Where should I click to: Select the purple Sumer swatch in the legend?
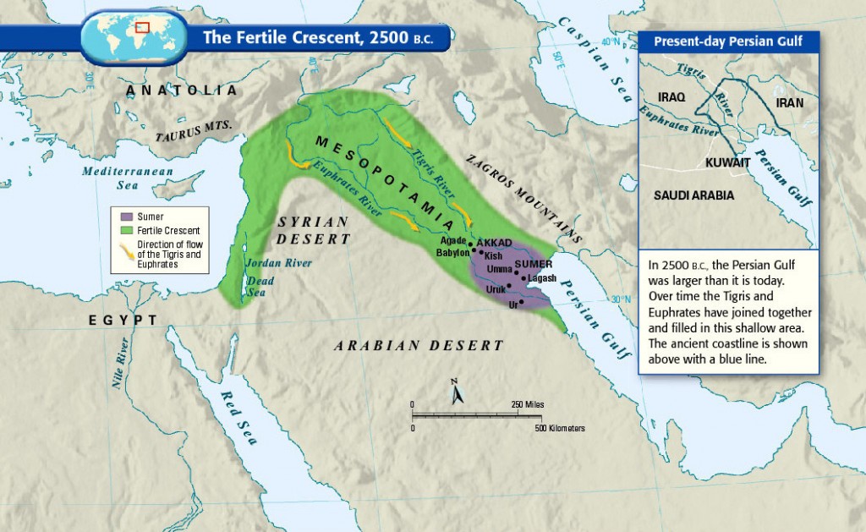coord(127,217)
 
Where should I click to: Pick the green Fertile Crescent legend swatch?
coord(127,230)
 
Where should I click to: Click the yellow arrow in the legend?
coord(127,246)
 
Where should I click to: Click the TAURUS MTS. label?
coord(195,130)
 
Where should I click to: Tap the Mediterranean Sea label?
coord(127,178)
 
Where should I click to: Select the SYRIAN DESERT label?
coord(313,230)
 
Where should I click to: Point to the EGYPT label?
coord(123,320)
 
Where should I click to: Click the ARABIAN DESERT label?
coord(419,345)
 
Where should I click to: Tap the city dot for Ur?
coord(522,302)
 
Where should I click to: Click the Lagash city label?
coord(541,277)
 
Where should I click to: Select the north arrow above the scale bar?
coord(455,392)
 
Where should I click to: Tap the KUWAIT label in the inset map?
coord(727,161)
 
